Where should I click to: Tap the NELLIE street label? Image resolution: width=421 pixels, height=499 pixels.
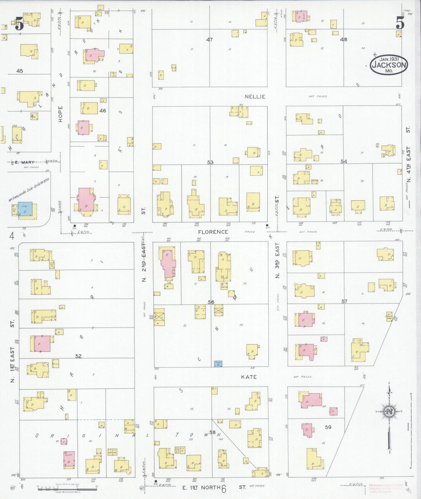[x=255, y=97]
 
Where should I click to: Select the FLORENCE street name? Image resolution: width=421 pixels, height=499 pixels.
[x=213, y=232]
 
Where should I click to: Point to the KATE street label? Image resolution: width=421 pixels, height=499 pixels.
[x=249, y=377]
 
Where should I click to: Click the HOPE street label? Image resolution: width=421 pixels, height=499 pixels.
[x=60, y=114]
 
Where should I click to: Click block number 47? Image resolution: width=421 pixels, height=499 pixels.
[x=209, y=40]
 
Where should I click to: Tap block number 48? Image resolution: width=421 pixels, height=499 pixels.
[x=344, y=39]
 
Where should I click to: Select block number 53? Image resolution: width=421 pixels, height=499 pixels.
[x=210, y=162]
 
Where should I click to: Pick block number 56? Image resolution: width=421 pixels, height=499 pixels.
[x=211, y=302]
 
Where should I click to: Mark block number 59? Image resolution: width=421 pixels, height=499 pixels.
[x=328, y=427]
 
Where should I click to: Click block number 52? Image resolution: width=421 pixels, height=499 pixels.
[x=78, y=356]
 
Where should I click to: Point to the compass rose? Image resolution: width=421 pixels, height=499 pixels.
[x=389, y=411]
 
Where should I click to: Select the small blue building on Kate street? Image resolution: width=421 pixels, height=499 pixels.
[x=218, y=364]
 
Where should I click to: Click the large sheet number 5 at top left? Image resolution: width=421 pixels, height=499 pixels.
[x=19, y=24]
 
